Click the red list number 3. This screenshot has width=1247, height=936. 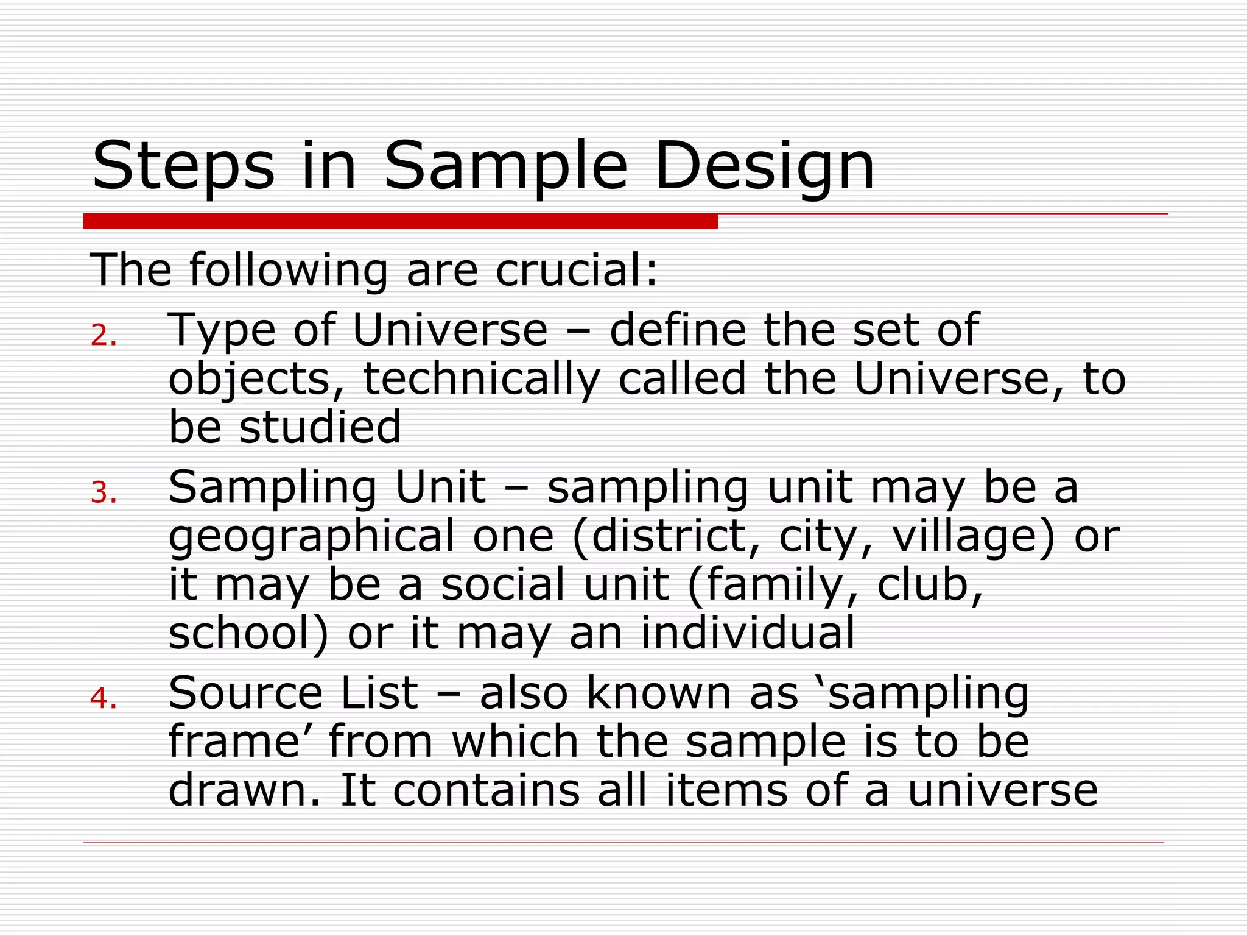click(103, 493)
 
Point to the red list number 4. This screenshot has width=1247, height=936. click(103, 698)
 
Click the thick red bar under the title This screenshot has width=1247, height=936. click(400, 221)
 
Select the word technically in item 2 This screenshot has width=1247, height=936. click(482, 380)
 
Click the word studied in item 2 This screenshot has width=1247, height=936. click(320, 427)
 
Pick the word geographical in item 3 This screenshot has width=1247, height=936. click(311, 537)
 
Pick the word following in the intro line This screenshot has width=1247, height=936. click(288, 270)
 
